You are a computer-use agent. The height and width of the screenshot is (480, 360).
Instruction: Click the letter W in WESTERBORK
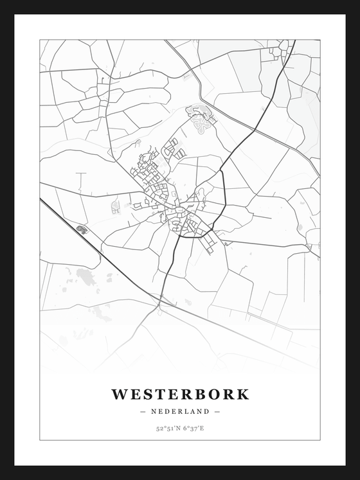point(120,395)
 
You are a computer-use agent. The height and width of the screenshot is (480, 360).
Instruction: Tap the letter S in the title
point(153,395)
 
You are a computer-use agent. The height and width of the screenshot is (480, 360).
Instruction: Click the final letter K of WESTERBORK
point(242,395)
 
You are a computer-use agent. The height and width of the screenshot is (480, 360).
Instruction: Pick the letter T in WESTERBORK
point(166,395)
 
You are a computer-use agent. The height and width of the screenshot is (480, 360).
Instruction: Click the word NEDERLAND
point(180,411)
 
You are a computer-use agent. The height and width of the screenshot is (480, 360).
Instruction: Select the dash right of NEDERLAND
point(217,411)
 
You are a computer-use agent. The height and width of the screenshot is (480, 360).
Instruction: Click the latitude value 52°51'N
point(167,428)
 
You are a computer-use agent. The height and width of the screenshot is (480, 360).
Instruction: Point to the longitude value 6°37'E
point(193,428)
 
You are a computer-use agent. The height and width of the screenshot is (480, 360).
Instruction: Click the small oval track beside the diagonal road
point(82,229)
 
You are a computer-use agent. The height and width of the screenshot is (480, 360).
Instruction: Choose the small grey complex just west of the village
point(116,206)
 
